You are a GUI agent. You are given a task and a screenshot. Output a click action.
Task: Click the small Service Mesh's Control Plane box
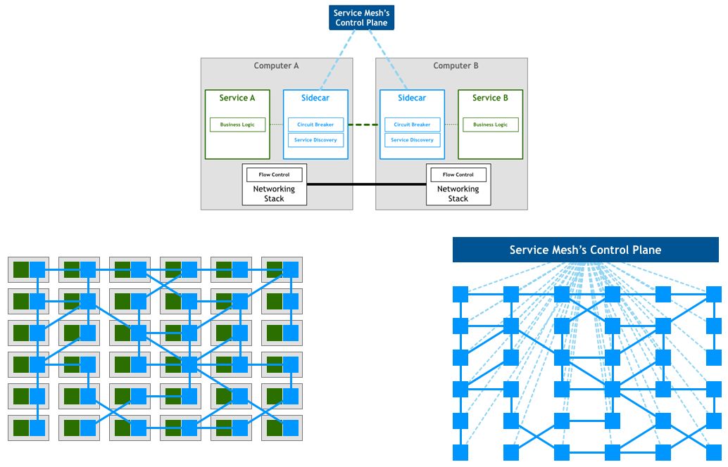(x=361, y=18)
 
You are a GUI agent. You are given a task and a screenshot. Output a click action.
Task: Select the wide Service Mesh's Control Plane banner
(x=586, y=250)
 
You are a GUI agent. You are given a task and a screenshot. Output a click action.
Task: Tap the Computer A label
(x=276, y=66)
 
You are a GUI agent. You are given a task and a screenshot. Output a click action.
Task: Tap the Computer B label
(x=456, y=66)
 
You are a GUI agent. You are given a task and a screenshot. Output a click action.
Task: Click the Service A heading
(x=237, y=98)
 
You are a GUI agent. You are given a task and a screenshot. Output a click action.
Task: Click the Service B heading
(x=490, y=98)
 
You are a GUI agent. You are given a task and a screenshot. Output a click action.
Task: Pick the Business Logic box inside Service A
(x=237, y=124)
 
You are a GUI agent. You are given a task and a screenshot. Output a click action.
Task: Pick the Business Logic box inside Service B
(x=490, y=124)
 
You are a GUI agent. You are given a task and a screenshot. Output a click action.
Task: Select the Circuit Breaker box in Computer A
(x=315, y=124)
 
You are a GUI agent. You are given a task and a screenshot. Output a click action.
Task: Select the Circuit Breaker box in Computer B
(x=413, y=124)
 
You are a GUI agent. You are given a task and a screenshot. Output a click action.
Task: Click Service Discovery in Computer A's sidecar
(x=315, y=140)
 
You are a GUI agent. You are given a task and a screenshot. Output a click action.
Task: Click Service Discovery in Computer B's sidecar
(x=413, y=140)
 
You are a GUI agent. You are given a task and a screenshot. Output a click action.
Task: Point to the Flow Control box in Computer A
(x=275, y=175)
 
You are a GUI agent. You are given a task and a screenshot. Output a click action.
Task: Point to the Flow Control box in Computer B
(x=458, y=175)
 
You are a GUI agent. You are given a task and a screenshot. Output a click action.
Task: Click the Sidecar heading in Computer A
(x=315, y=98)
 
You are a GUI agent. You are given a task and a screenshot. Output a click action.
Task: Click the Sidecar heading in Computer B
(x=412, y=98)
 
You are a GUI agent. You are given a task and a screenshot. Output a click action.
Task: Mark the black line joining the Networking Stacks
(x=366, y=184)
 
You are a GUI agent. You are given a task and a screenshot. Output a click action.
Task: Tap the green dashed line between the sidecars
(x=363, y=124)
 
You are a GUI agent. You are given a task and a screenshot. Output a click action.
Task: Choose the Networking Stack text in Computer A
(x=274, y=194)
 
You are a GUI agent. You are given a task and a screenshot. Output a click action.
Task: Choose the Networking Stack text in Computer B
(x=458, y=194)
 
